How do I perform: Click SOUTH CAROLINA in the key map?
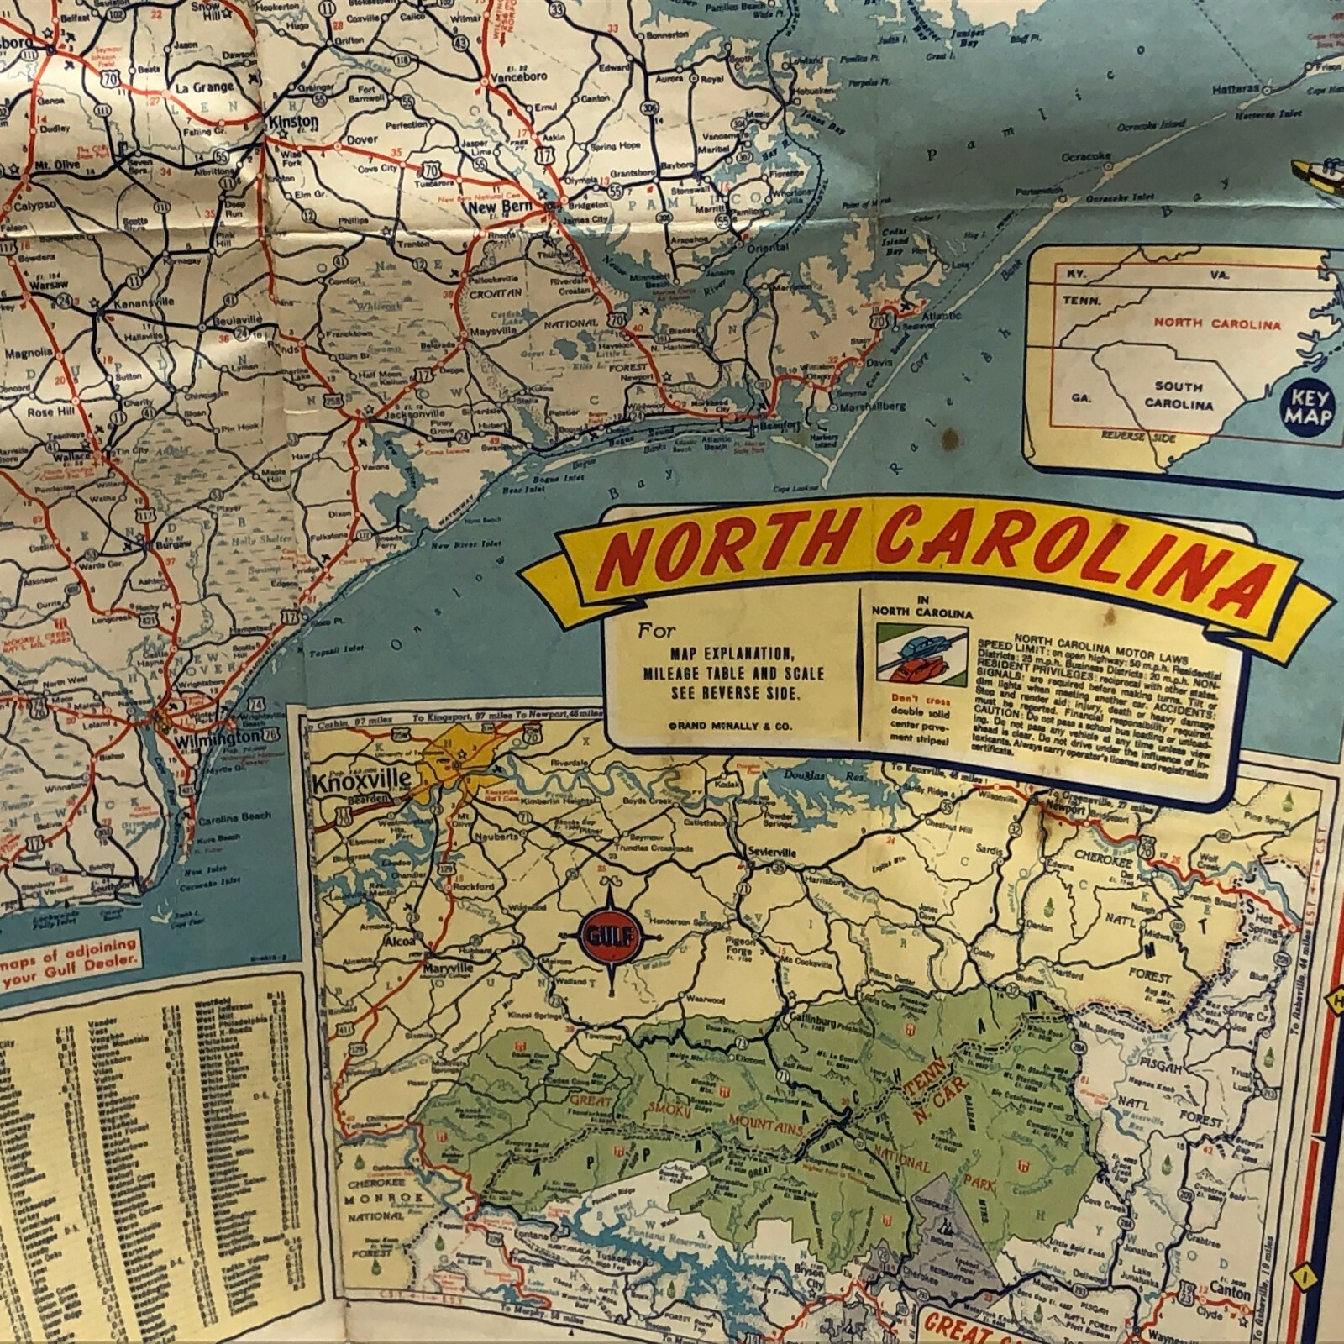coord(1178,395)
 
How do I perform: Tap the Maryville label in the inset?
coord(446,968)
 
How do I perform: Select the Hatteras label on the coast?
coord(1236,89)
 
